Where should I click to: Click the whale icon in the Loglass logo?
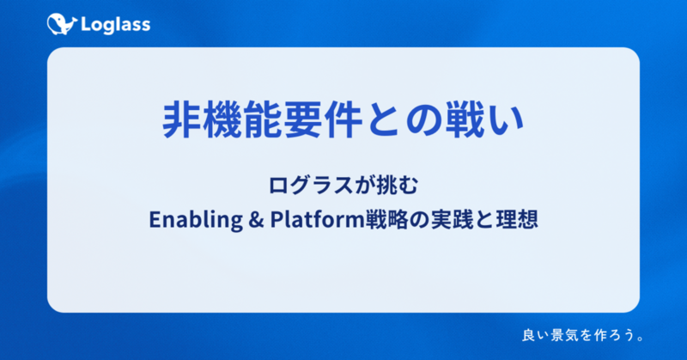click(62, 24)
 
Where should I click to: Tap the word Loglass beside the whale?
click(116, 25)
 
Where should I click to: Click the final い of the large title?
click(505, 120)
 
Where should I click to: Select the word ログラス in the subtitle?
click(311, 185)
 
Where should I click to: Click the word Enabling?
click(196, 219)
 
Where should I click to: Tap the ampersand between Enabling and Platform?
click(256, 220)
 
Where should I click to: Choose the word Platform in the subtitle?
click(318, 219)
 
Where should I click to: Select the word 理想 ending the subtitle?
click(517, 219)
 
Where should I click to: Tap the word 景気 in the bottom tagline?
click(564, 335)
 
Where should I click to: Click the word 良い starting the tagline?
click(535, 335)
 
